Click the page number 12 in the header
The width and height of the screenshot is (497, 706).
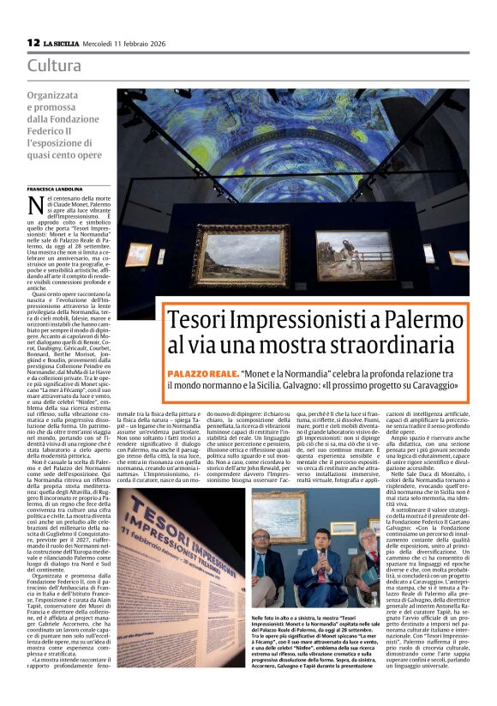click(33, 42)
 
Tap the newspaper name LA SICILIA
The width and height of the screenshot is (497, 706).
click(63, 43)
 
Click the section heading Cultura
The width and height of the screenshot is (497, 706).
click(54, 65)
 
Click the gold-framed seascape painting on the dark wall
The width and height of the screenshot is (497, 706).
click(238, 254)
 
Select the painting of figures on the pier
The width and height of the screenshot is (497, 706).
click(353, 255)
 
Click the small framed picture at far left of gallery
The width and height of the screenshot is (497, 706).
click(138, 254)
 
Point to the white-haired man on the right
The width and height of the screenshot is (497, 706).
click(367, 558)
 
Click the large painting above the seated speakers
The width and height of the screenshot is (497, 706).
click(279, 516)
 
